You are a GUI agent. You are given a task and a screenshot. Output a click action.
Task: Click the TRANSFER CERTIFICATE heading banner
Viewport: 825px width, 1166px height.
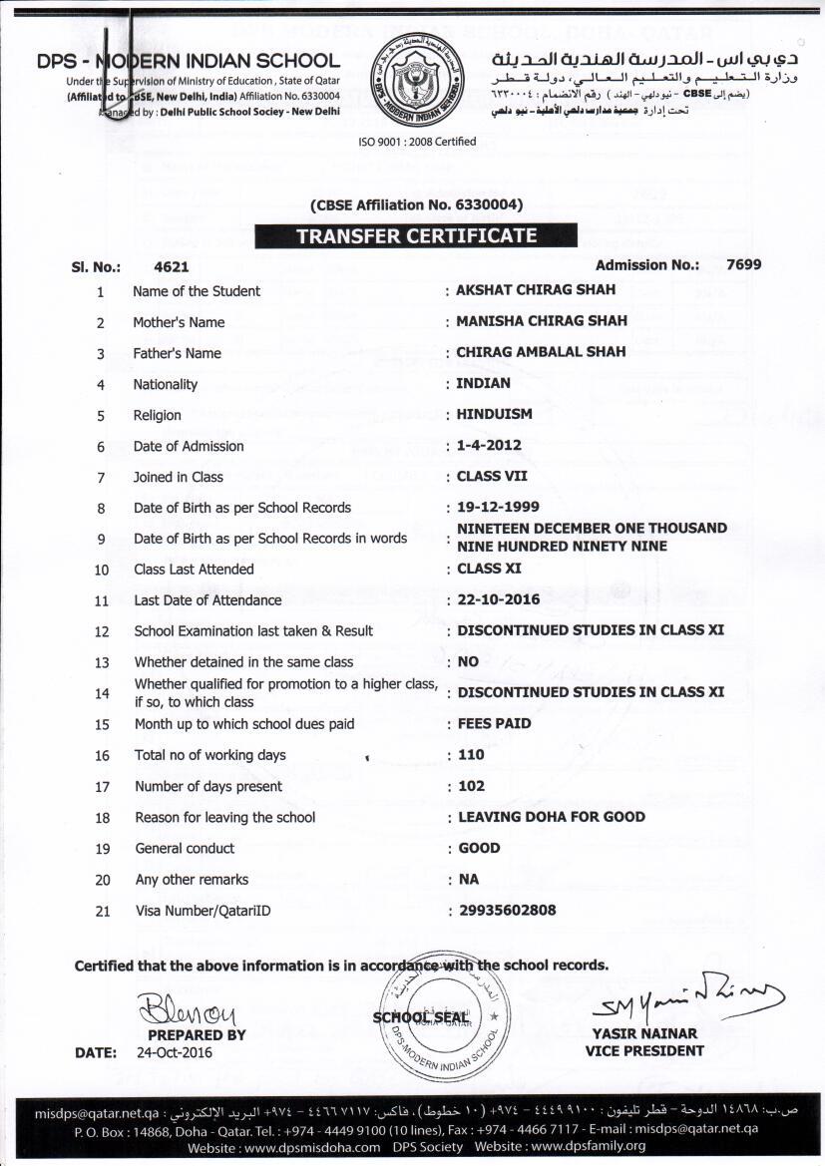pos(415,236)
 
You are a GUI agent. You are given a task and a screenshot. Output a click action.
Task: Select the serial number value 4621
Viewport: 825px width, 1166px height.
pos(172,267)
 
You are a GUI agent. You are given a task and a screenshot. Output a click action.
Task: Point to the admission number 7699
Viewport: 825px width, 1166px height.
pos(744,264)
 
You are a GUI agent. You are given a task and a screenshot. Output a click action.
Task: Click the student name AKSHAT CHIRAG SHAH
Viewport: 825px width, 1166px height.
pos(536,290)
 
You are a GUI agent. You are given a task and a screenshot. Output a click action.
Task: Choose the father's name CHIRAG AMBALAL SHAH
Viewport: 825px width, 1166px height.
pos(541,352)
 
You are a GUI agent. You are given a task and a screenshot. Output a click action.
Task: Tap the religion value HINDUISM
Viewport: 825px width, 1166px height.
pos(495,414)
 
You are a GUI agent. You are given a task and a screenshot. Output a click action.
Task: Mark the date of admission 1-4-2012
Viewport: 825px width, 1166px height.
pos(489,445)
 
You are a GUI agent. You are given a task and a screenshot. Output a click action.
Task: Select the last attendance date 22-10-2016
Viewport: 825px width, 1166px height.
pos(498,599)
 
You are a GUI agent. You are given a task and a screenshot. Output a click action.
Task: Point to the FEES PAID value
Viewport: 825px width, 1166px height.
pos(494,723)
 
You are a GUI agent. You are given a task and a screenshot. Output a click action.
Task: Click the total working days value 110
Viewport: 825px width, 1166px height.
pos(471,755)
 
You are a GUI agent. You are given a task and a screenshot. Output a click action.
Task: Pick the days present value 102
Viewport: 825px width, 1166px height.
pos(471,786)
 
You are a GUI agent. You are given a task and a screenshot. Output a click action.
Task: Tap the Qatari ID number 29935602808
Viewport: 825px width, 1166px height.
pos(507,910)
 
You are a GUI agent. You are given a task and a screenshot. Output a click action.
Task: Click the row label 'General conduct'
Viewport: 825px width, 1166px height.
pos(185,849)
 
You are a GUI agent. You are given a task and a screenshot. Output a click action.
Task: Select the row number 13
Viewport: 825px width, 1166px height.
pos(102,662)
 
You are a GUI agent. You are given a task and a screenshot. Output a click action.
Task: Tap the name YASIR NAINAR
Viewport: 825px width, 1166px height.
pos(644,1033)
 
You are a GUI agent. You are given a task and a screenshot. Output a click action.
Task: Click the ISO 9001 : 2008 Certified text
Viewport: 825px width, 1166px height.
pos(417,142)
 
